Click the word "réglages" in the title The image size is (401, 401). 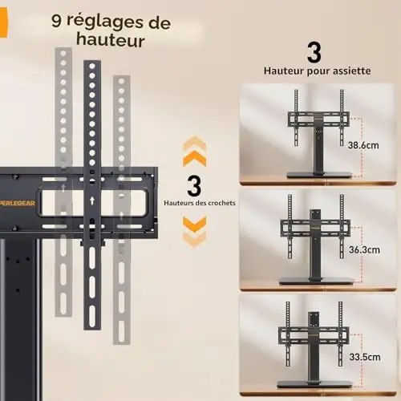coord(105,22)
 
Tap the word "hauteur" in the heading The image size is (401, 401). coord(111,39)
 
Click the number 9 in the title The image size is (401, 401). coord(56,20)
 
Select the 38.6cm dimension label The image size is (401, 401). coord(363,145)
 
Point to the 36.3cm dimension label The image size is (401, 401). coord(364,249)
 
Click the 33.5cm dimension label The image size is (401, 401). coord(365,357)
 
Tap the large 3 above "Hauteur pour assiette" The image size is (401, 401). coord(314,53)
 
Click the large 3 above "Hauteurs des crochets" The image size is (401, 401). coord(194,186)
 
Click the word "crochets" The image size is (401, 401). coord(221,203)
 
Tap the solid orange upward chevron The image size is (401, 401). coord(194,158)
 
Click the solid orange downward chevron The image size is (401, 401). coord(194,224)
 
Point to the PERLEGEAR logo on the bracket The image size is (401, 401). coord(18,203)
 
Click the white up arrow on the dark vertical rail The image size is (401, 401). coord(92,200)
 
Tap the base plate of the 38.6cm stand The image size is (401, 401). coord(319,176)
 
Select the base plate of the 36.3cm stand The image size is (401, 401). coord(318,281)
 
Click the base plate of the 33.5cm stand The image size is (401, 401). coord(314,385)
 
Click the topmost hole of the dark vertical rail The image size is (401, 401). coord(92,66)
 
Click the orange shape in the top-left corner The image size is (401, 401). coord(4,23)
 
